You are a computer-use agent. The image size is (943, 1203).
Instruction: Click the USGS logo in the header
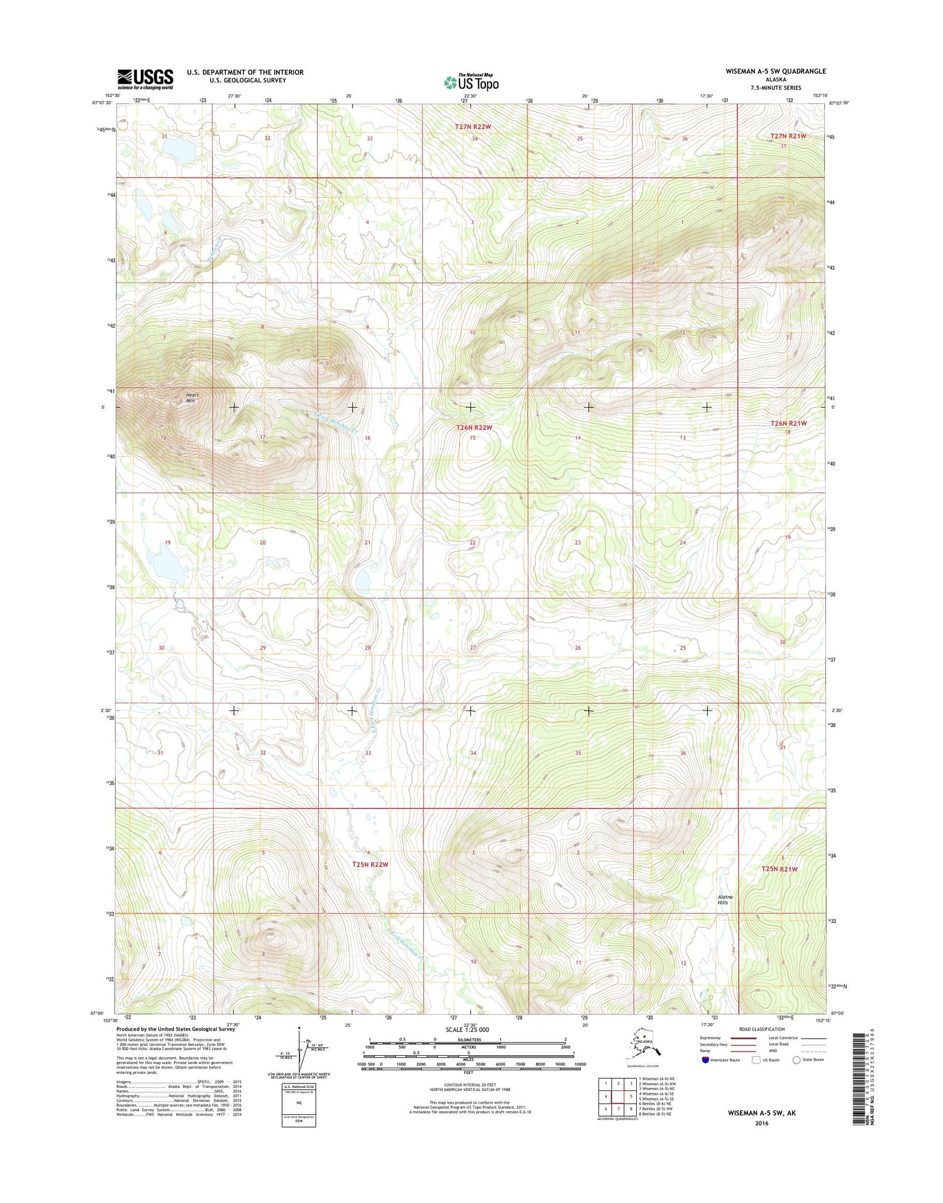145,79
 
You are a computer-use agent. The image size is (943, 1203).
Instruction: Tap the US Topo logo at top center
472,82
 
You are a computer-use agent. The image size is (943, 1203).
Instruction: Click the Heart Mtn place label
191,398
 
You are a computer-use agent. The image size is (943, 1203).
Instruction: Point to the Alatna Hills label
724,900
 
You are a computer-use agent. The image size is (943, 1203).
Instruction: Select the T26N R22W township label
473,427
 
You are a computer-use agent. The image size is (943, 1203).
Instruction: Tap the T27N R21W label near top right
788,136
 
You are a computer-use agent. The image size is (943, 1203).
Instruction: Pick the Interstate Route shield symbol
705,1060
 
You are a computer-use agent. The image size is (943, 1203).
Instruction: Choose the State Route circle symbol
797,1060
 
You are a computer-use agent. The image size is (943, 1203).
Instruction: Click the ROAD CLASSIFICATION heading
761,1029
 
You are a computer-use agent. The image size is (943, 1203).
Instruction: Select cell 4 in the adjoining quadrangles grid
605,1096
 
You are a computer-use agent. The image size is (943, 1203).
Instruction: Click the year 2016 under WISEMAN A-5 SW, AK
761,1123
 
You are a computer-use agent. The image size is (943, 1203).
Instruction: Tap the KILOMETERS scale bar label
469,1040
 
